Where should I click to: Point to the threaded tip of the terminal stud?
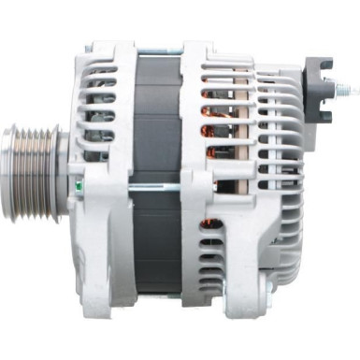coord(353,91)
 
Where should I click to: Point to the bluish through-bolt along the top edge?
coord(157,43)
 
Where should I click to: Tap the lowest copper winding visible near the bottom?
coord(211,224)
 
